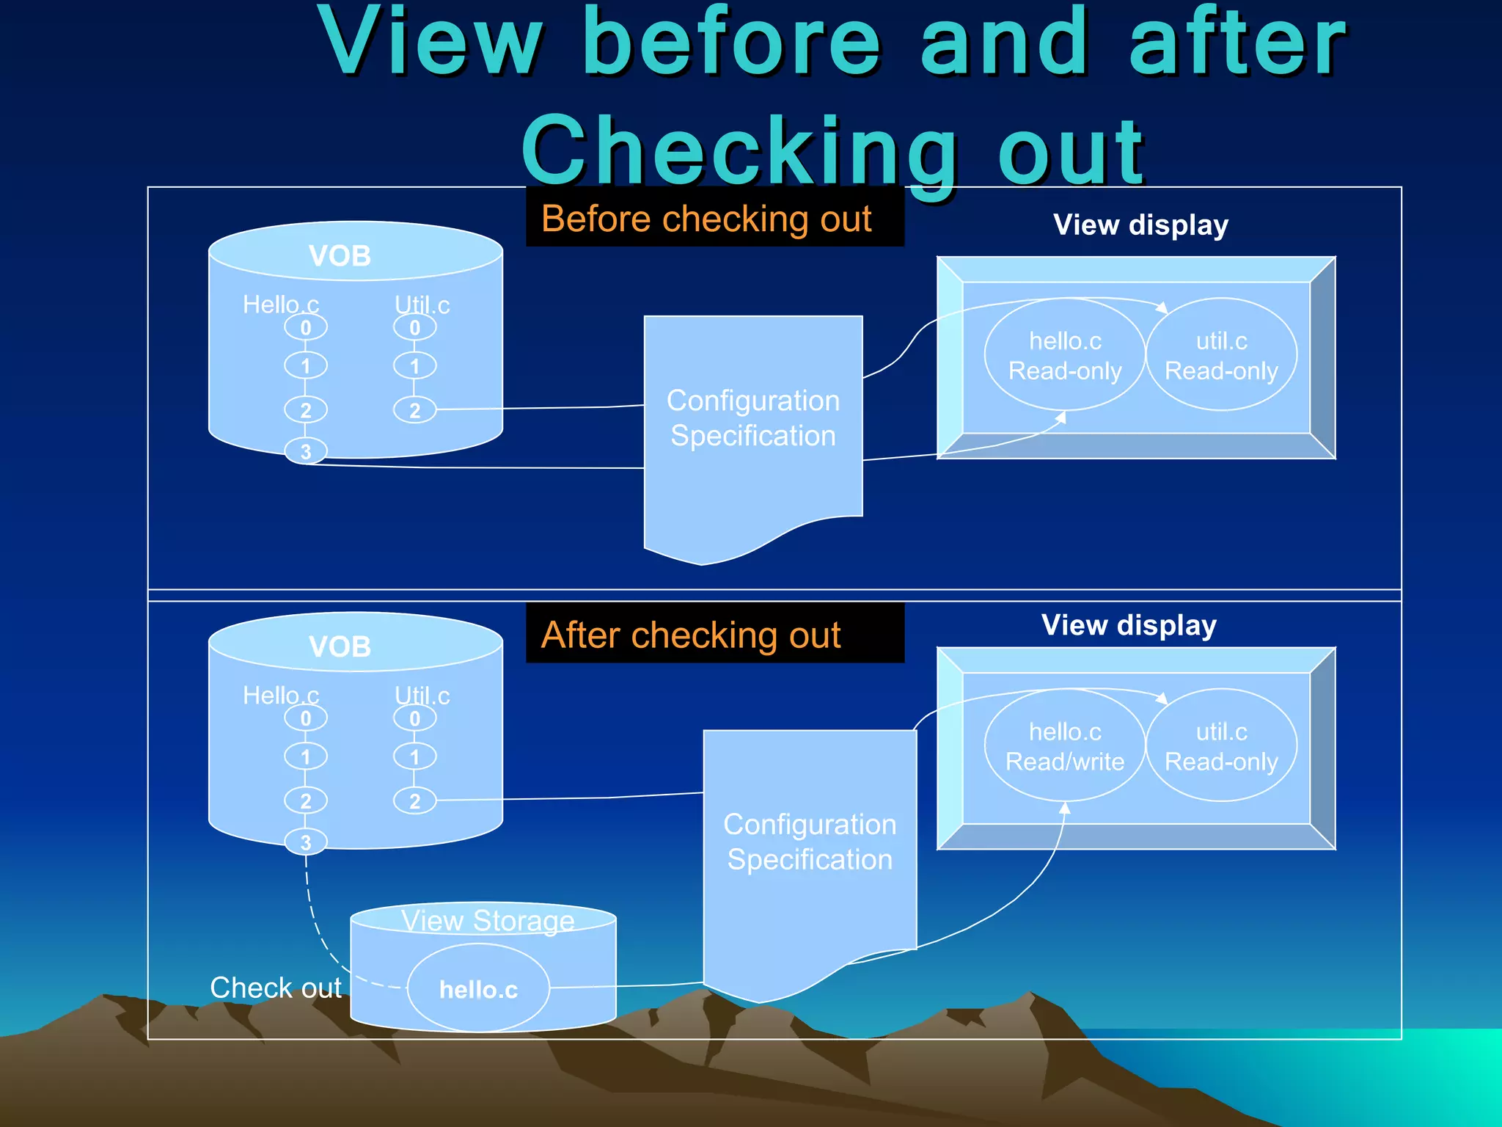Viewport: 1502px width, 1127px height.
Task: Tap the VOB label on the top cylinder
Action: click(x=340, y=256)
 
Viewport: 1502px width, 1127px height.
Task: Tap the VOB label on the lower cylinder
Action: click(x=340, y=646)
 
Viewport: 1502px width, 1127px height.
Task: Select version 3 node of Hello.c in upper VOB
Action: click(x=306, y=451)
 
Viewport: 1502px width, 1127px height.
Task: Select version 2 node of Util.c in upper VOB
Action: click(x=414, y=409)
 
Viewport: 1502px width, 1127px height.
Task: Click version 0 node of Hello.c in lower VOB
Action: click(x=306, y=718)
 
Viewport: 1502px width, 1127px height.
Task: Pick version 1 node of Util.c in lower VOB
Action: click(x=414, y=756)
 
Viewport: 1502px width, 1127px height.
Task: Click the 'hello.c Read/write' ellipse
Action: click(x=1064, y=746)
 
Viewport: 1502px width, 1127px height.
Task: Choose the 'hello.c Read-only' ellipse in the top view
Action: click(x=1064, y=356)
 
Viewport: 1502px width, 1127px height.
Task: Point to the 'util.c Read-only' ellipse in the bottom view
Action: click(x=1221, y=746)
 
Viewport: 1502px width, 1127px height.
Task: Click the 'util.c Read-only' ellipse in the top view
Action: click(x=1221, y=356)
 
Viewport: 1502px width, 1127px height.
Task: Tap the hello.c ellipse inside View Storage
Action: click(x=478, y=989)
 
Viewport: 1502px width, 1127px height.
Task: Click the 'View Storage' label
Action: click(x=488, y=921)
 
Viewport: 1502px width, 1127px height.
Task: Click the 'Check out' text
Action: click(x=275, y=988)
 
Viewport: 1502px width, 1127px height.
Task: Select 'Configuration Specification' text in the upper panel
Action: click(x=753, y=418)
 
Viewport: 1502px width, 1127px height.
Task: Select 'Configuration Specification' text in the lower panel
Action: click(x=810, y=842)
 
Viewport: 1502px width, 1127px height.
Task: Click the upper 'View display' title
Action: click(x=1140, y=225)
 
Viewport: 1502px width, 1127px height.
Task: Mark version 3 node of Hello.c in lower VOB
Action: click(x=306, y=842)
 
